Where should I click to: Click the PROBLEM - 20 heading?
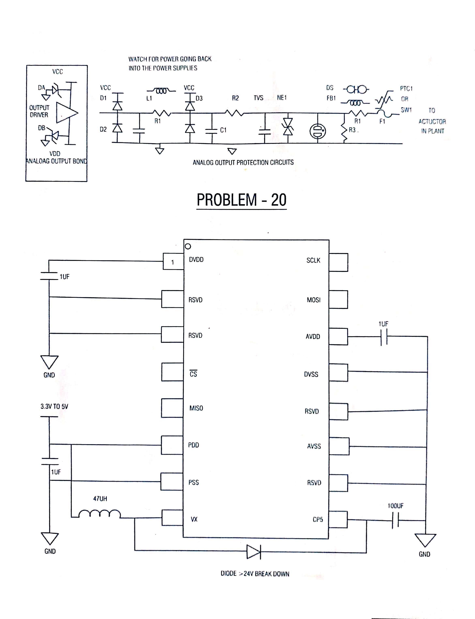(x=242, y=200)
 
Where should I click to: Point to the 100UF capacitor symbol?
(x=395, y=520)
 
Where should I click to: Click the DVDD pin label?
(x=196, y=259)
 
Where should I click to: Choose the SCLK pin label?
(x=313, y=260)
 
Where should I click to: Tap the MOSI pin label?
(x=313, y=300)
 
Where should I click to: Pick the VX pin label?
(x=194, y=519)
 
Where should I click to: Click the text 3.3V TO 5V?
(x=54, y=407)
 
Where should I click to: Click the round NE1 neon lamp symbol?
(x=318, y=131)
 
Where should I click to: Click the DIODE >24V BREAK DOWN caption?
(x=255, y=573)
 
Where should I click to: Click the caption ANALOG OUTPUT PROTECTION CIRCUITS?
(x=243, y=162)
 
